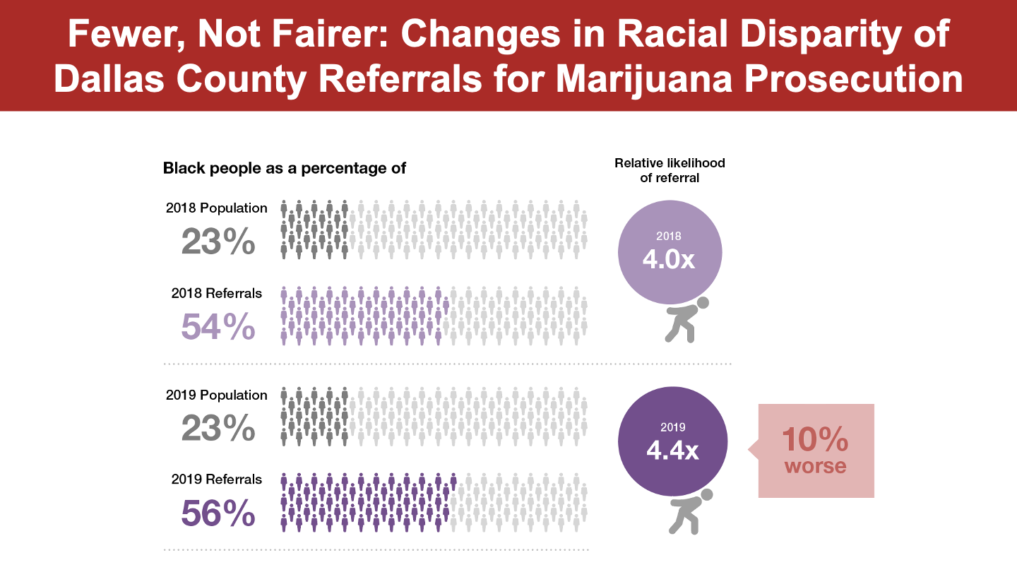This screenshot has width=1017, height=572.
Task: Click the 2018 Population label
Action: tap(217, 208)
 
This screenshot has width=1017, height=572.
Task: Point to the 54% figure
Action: tap(218, 326)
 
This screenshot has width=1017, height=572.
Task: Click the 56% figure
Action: tap(218, 513)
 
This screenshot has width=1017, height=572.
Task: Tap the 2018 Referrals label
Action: tap(217, 293)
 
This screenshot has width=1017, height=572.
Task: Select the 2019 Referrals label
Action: tap(217, 479)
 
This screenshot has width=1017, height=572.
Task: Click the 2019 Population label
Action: tap(217, 395)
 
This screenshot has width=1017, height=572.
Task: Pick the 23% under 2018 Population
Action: tap(218, 242)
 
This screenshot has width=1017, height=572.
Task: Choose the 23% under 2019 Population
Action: tap(218, 429)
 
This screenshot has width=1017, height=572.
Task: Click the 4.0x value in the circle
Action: tap(669, 260)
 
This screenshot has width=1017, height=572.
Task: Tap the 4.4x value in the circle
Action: tap(672, 450)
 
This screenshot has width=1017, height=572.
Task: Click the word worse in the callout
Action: tap(815, 466)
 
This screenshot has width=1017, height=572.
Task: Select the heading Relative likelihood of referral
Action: tap(670, 170)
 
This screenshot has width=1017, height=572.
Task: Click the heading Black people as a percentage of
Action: tap(285, 169)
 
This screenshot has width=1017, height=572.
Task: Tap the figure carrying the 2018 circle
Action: tap(684, 321)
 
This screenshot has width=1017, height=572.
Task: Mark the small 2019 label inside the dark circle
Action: tap(672, 427)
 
